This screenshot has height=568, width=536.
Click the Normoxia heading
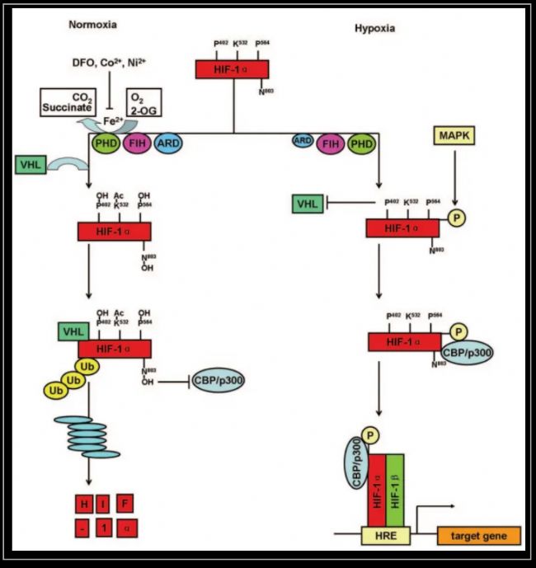coord(92,25)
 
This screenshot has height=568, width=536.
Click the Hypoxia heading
coord(374,27)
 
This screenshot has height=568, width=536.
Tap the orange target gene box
coord(485,536)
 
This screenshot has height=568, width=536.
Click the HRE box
coord(385,536)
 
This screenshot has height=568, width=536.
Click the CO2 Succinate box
coord(68,101)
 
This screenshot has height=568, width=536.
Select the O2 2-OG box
coord(143,101)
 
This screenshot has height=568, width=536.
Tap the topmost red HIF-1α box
coord(233,69)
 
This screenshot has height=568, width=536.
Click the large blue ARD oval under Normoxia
coord(167,143)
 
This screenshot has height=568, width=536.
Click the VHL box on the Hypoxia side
coord(308,203)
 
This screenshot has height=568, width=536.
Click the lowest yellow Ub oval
coord(56,386)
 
